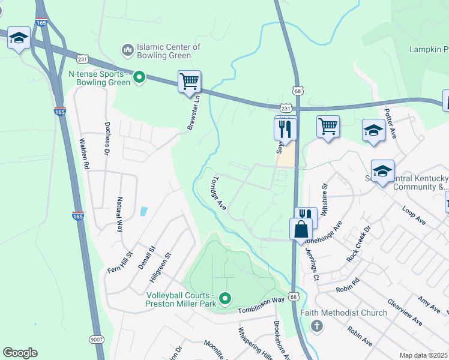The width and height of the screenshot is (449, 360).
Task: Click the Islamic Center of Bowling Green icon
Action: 127,49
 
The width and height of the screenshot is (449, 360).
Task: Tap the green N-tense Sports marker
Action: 139,76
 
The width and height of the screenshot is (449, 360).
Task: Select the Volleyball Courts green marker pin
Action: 225,298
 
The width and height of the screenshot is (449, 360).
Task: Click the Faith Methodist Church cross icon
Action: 316,326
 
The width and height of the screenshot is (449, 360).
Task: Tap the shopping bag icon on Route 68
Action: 300,229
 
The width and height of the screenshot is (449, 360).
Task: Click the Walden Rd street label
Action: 84,154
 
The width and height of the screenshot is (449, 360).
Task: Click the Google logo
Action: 20,352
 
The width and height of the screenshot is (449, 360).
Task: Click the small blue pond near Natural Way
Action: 143,211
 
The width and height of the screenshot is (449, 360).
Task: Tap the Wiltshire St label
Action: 326,199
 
